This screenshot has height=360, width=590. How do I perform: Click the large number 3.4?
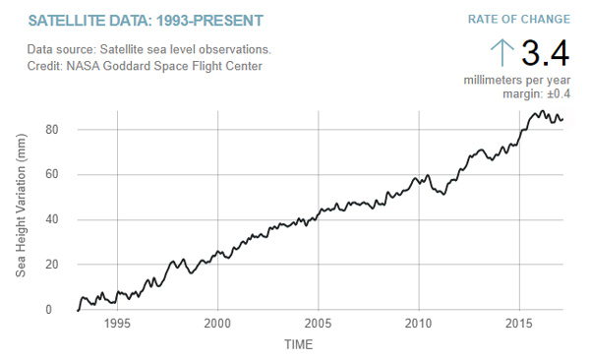click(545, 53)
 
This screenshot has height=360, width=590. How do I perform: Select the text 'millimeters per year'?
click(516, 79)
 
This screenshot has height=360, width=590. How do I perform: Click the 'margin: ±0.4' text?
click(538, 93)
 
